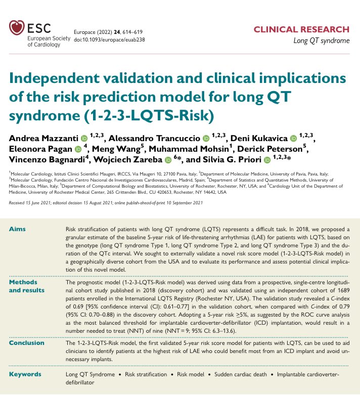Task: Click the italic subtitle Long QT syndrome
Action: [321, 40]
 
